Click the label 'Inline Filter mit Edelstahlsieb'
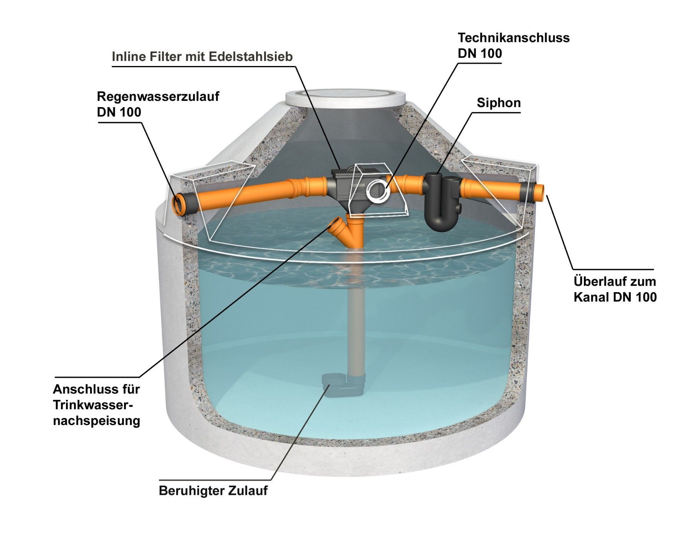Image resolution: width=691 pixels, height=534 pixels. tap(202, 57)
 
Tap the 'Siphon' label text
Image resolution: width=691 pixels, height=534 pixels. tap(499, 103)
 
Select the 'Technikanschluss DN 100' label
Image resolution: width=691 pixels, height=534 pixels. tap(513, 45)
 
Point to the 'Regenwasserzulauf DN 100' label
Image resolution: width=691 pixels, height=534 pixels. tap(158, 104)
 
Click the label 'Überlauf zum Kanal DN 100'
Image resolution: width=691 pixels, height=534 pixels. tap(615, 289)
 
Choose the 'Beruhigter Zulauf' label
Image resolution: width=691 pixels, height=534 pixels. tap(213, 491)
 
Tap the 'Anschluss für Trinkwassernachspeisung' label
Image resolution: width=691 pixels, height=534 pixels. tap(96, 405)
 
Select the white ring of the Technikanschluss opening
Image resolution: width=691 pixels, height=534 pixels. tap(378, 191)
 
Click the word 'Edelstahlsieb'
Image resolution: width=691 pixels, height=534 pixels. tap(251, 57)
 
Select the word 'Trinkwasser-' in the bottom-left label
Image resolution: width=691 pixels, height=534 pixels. tap(96, 405)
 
